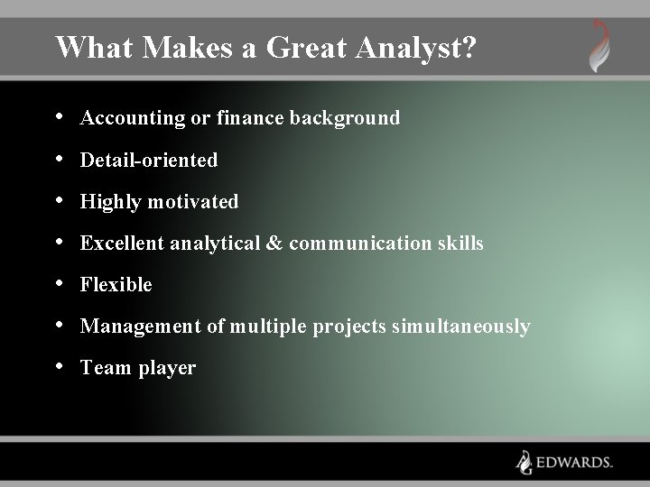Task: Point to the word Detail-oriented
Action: click(149, 161)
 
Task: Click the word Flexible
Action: click(116, 285)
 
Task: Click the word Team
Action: click(105, 368)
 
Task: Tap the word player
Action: click(167, 368)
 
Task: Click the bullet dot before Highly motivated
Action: click(60, 200)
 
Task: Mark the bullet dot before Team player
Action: click(60, 366)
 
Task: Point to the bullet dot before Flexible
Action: click(60, 283)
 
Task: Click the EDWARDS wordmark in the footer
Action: click(575, 462)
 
